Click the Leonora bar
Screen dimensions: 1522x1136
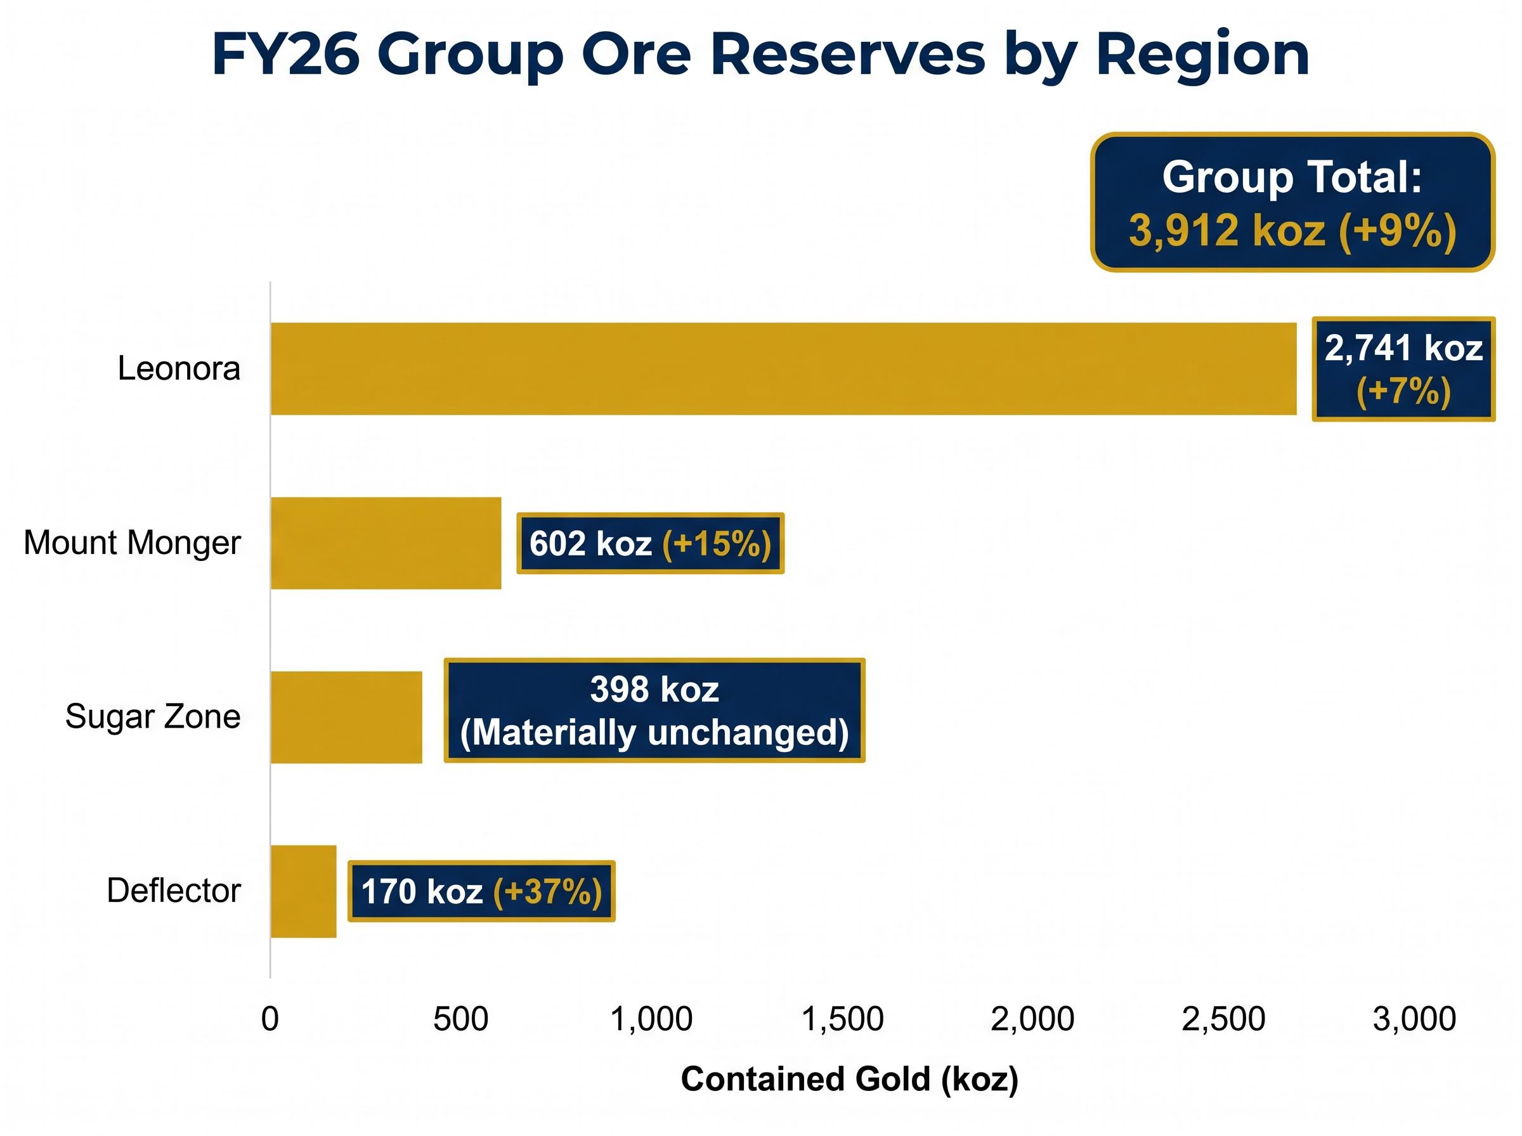pyautogui.click(x=783, y=368)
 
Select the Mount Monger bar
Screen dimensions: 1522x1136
pyautogui.click(x=386, y=543)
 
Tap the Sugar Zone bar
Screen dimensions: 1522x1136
pyautogui.click(x=347, y=717)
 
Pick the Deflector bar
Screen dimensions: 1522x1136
pyautogui.click(x=303, y=891)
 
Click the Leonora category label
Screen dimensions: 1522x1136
pyautogui.click(x=179, y=368)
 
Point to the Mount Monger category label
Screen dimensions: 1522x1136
pyautogui.click(x=132, y=543)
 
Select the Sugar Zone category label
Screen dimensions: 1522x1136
pyautogui.click(x=153, y=716)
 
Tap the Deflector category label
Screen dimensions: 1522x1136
pyautogui.click(x=174, y=891)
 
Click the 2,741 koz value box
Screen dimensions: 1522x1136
pyautogui.click(x=1403, y=368)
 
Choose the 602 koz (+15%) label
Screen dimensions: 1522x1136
pyautogui.click(x=651, y=543)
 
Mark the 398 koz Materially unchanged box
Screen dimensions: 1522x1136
pyautogui.click(x=654, y=711)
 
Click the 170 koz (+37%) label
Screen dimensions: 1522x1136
pyautogui.click(x=481, y=891)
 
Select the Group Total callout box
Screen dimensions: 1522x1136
pyautogui.click(x=1293, y=202)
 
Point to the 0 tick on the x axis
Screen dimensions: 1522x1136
pyautogui.click(x=270, y=1019)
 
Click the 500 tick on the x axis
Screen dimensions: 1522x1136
pyautogui.click(x=461, y=1019)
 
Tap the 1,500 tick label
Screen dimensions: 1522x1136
pyautogui.click(x=843, y=1019)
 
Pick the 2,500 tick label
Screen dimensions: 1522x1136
pyautogui.click(x=1223, y=1019)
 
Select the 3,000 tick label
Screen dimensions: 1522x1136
pyautogui.click(x=1415, y=1019)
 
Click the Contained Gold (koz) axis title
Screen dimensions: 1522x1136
pyautogui.click(x=849, y=1078)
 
